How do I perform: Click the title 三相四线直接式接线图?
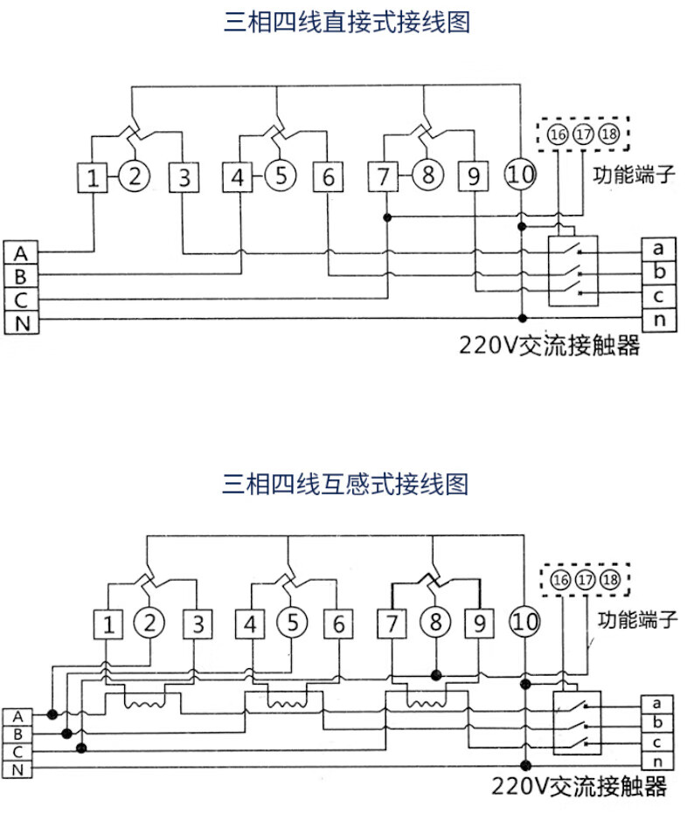(x=347, y=23)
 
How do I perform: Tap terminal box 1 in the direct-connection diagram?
(x=93, y=178)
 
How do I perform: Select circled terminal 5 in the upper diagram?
(x=281, y=176)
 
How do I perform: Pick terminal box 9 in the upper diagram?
(x=473, y=177)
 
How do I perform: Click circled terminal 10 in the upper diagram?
(x=521, y=175)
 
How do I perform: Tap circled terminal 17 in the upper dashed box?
(x=583, y=134)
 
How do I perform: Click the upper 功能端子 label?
(x=635, y=173)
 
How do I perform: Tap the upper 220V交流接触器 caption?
(x=550, y=346)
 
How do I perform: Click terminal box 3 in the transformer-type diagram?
(x=198, y=624)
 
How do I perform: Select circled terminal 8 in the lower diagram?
(x=434, y=623)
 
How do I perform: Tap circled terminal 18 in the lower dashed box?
(x=610, y=579)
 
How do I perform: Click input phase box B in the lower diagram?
(x=18, y=734)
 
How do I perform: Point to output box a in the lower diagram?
(x=656, y=703)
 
